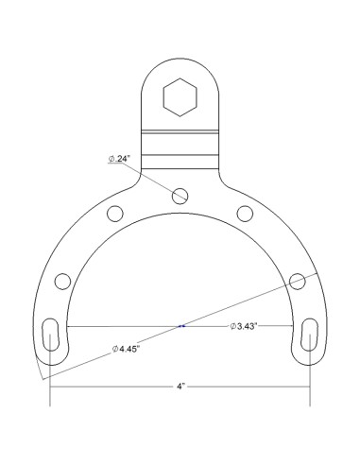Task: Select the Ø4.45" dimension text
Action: pos(128,348)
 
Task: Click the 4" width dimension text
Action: pos(180,386)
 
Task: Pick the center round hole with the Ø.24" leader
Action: pos(180,195)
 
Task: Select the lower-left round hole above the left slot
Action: pos(63,280)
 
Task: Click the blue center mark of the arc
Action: pos(180,326)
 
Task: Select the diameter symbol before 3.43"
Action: pos(232,326)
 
